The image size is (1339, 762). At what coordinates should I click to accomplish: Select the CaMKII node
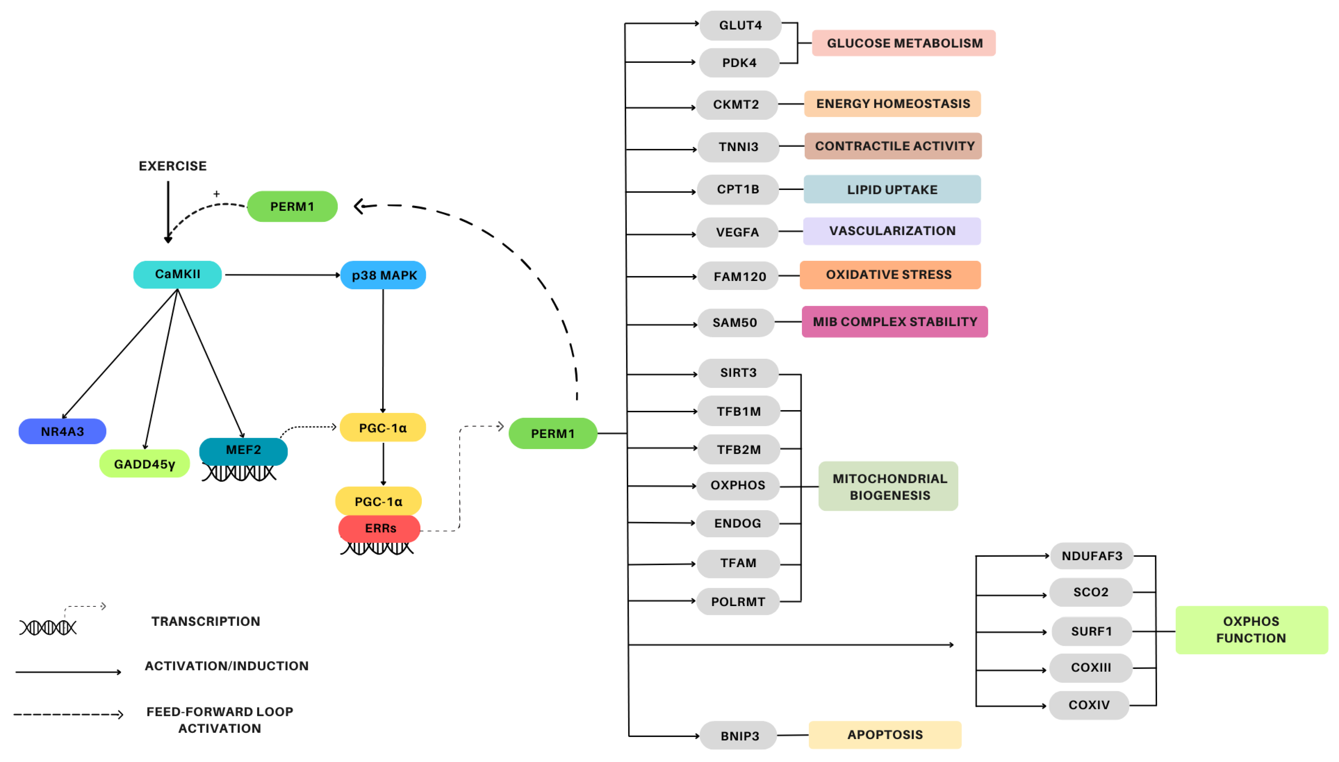coord(177,274)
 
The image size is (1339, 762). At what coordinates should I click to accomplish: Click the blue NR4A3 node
coord(62,431)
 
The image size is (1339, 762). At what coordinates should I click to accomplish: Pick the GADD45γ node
coord(144,464)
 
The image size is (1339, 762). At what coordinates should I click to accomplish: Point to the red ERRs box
coord(379,528)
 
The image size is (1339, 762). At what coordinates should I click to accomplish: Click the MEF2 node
coord(243,450)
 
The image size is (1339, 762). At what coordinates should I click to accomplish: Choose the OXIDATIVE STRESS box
coord(890,275)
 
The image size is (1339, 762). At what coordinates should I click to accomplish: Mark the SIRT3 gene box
coord(738,373)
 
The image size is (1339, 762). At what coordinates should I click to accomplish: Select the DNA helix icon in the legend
coord(48,627)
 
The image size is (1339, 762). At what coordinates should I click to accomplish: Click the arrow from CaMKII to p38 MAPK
coord(282,275)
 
